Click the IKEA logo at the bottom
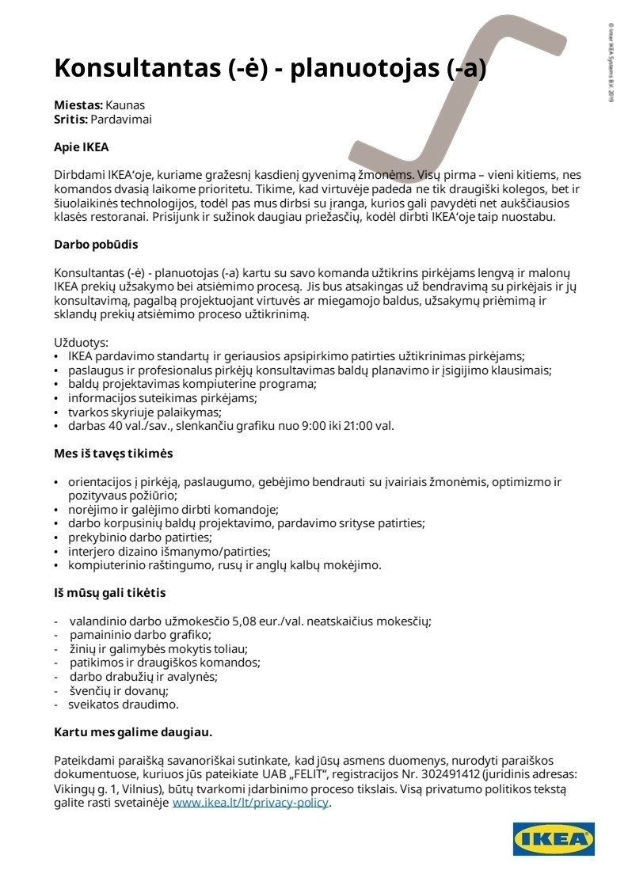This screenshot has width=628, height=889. pyautogui.click(x=554, y=839)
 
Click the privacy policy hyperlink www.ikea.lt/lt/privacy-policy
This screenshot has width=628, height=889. pyautogui.click(x=250, y=803)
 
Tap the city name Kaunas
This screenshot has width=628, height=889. pyautogui.click(x=125, y=105)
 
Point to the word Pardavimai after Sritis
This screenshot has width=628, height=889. pyautogui.click(x=121, y=120)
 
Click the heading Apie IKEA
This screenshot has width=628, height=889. pyautogui.click(x=81, y=147)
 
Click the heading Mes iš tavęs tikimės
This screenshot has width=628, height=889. pyautogui.click(x=113, y=454)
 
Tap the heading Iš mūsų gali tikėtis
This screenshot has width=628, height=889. pyautogui.click(x=109, y=592)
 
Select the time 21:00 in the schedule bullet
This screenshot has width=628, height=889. pyautogui.click(x=353, y=425)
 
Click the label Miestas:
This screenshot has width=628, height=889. pyautogui.click(x=78, y=105)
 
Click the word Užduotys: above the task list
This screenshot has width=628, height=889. pyautogui.click(x=81, y=343)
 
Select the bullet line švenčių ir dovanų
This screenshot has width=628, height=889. pyautogui.click(x=119, y=690)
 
